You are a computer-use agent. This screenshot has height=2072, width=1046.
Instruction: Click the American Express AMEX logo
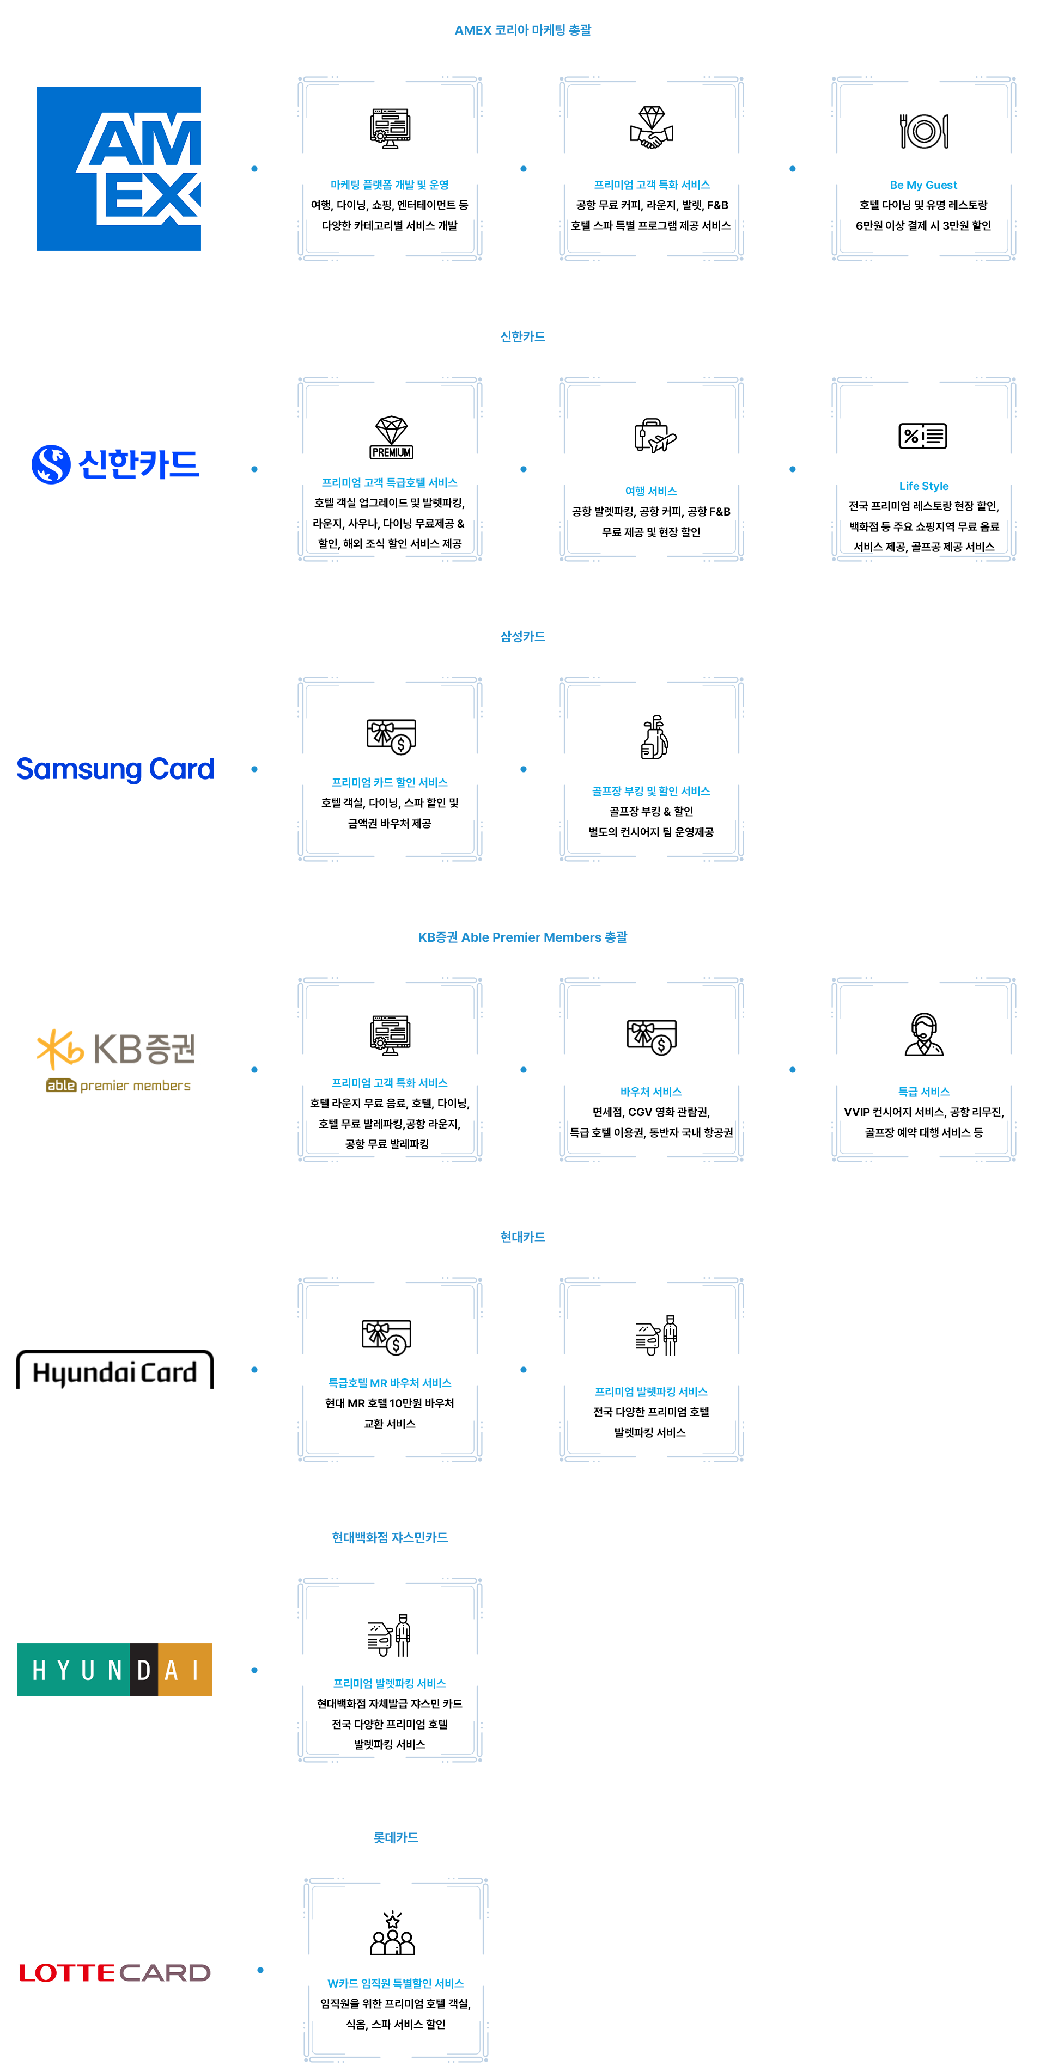(118, 169)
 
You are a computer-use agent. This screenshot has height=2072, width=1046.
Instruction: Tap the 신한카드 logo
(115, 465)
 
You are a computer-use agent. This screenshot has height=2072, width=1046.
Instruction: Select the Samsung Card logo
(115, 769)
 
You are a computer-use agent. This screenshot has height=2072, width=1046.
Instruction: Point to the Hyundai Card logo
(115, 1371)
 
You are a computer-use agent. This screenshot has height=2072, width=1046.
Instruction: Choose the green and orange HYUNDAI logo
(115, 1670)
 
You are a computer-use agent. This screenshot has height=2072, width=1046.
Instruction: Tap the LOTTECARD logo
(115, 1972)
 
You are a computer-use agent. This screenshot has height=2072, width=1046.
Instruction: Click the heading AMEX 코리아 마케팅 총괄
(523, 30)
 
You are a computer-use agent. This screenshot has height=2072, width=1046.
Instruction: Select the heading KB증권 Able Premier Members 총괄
(523, 937)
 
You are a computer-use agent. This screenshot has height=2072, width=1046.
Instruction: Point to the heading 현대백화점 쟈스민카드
(390, 1537)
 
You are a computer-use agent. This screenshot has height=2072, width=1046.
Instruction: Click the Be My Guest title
(924, 185)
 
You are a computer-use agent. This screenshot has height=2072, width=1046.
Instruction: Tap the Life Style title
(924, 486)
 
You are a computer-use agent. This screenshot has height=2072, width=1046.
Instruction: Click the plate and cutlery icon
(924, 130)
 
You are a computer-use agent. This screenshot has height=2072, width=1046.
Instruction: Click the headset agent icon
(924, 1034)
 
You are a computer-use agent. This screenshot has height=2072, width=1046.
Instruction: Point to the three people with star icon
(392, 1934)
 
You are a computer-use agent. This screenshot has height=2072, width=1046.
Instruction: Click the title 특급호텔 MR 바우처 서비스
(390, 1383)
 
